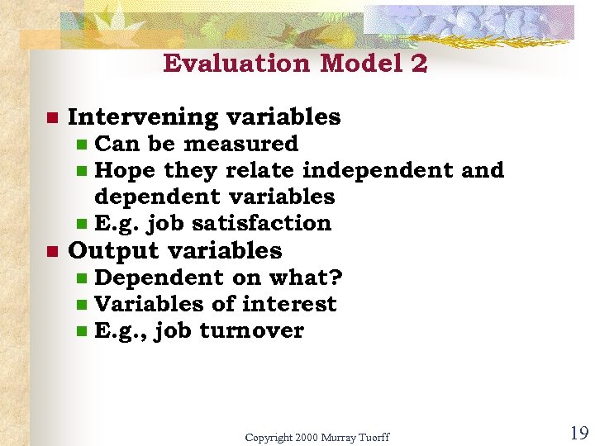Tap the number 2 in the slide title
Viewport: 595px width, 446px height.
[417, 64]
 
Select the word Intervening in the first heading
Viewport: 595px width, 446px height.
[131, 117]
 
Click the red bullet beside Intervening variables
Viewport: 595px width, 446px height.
[50, 118]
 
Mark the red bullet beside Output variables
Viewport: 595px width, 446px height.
[50, 251]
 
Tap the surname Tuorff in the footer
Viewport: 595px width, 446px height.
[373, 436]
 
